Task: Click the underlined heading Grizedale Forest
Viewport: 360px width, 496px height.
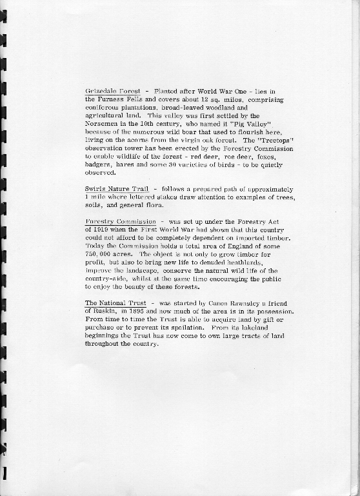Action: (113, 91)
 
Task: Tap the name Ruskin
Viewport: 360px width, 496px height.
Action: (98, 312)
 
